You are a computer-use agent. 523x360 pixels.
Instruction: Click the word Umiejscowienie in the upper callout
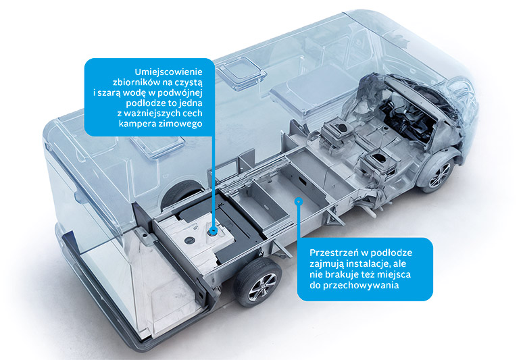168,72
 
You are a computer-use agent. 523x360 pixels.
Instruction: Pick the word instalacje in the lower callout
368,263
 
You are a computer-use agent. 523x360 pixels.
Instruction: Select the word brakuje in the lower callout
337,274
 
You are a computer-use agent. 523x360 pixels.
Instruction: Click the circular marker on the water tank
214,230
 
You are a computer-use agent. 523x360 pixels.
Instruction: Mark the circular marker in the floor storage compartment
299,201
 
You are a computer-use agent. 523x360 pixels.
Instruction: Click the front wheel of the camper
439,175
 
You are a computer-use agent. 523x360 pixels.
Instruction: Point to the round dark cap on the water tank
190,239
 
